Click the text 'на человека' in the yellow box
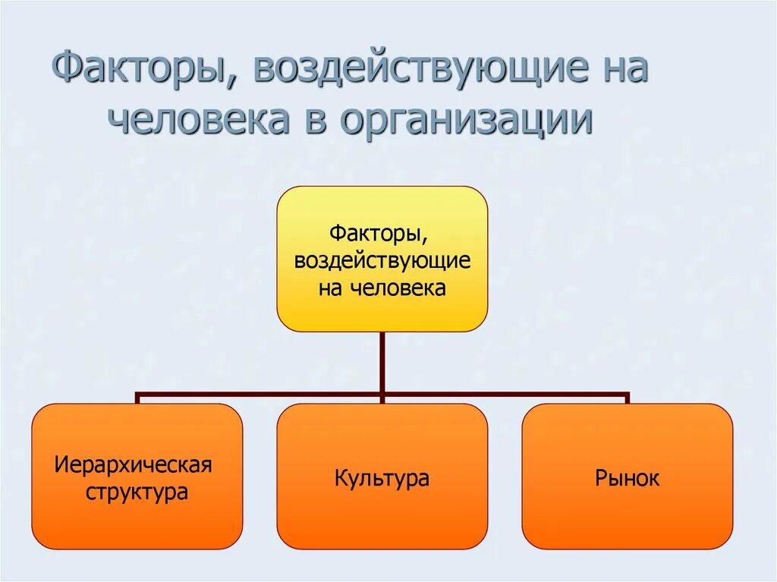[382, 288]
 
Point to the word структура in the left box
[137, 492]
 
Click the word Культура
[382, 478]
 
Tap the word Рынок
[628, 478]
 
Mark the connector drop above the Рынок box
[628, 398]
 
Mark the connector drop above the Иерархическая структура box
[137, 398]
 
